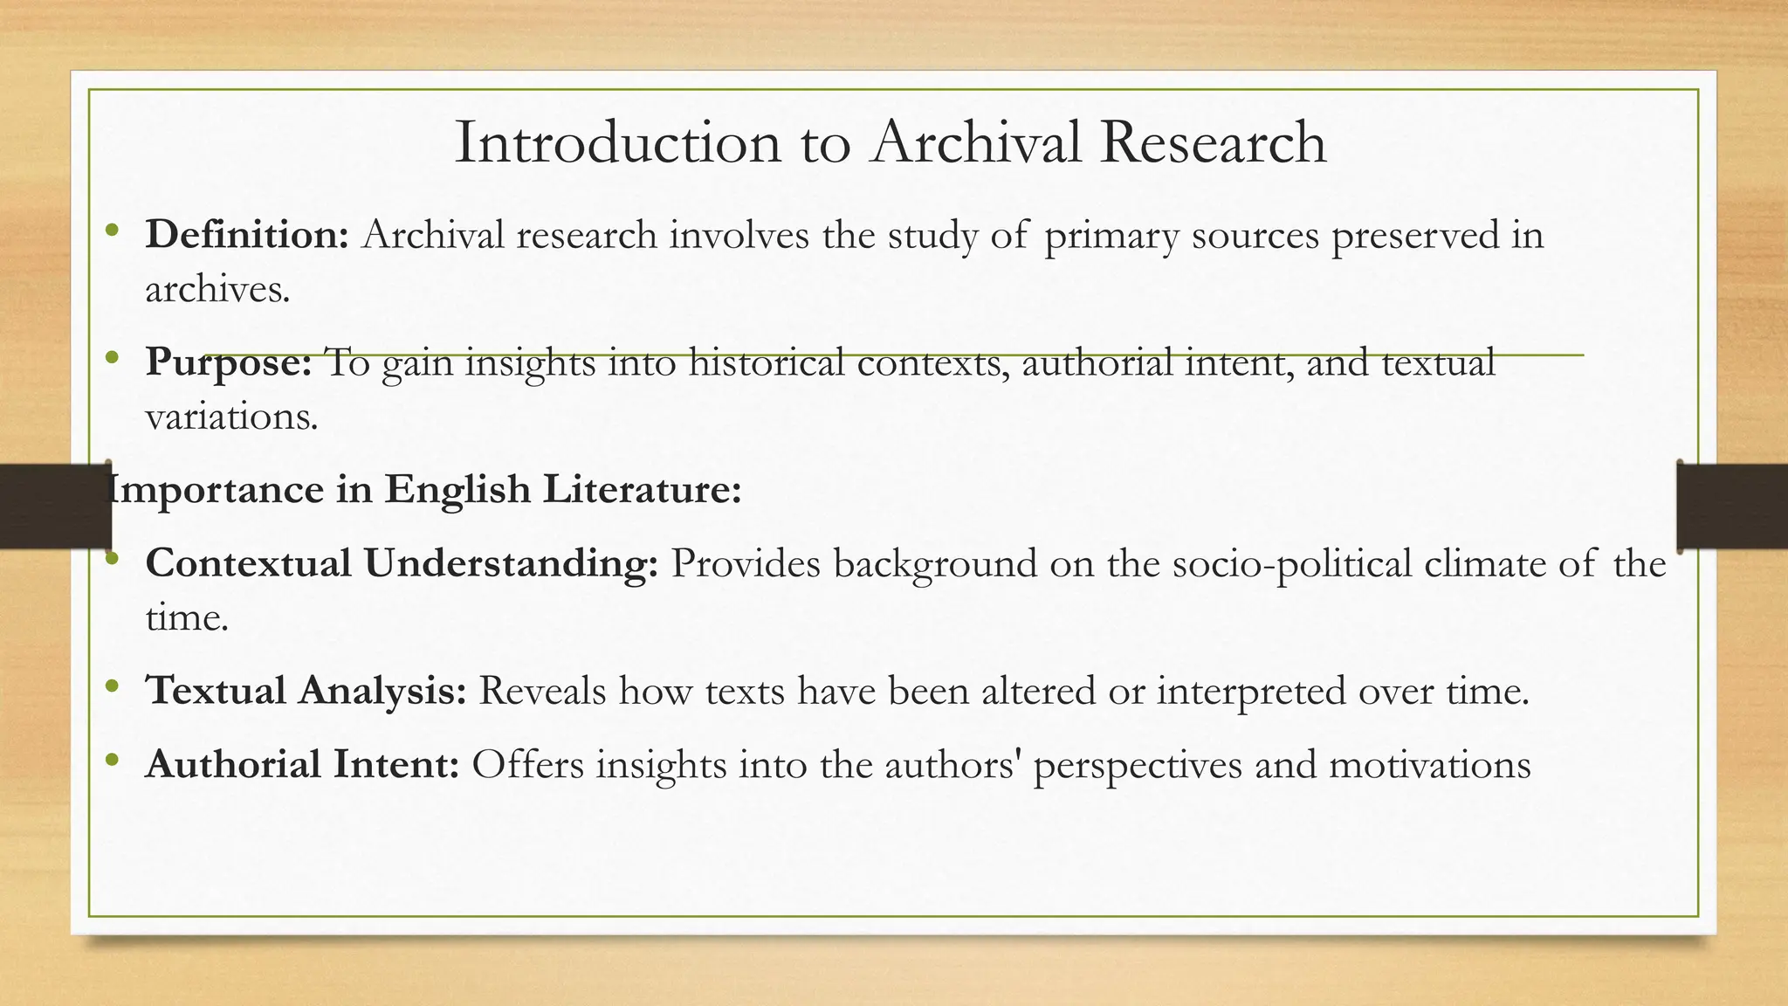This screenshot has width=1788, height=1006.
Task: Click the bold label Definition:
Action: [x=247, y=235]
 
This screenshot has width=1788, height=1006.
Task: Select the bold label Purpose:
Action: [x=229, y=362]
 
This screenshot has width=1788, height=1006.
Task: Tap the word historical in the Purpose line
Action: [x=767, y=362]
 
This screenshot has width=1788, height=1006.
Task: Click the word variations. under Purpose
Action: [x=231, y=417]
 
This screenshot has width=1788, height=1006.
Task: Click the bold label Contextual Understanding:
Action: [x=402, y=563]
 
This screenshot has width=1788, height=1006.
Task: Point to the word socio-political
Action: [x=1292, y=564]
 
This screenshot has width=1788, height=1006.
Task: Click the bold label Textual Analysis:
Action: [x=306, y=691]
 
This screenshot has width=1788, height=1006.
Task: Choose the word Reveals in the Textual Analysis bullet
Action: [x=542, y=691]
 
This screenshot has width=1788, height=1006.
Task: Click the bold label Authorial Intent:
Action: [x=302, y=765]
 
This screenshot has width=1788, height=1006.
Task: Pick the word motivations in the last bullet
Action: [x=1430, y=765]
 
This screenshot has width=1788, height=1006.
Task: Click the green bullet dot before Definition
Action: [x=111, y=231]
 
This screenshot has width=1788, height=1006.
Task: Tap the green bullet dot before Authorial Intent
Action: [x=111, y=761]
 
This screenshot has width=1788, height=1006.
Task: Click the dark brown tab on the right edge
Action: [x=1732, y=506]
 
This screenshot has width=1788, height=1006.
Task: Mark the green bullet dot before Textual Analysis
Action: [x=111, y=686]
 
